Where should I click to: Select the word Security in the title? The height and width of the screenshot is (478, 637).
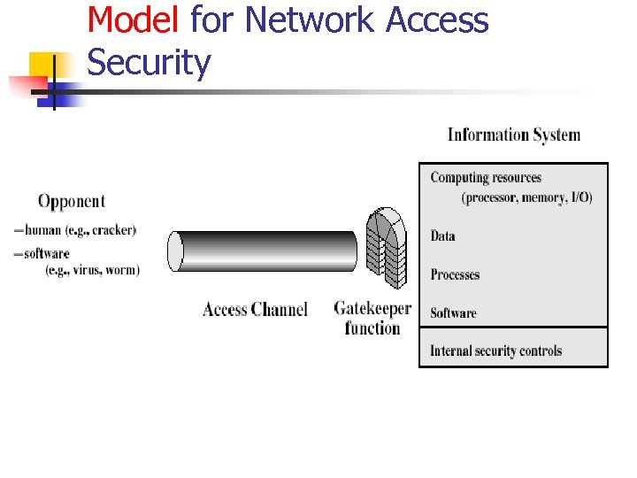point(150,63)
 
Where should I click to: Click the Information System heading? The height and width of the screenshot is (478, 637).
point(513,135)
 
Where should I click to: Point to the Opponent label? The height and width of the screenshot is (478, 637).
point(71,202)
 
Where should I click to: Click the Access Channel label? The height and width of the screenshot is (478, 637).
point(255,309)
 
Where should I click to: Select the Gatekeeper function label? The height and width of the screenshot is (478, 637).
point(372,318)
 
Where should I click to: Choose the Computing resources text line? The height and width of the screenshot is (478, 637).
point(486,178)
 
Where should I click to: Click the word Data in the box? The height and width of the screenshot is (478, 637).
point(442,236)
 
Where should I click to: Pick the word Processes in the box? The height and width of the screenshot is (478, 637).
point(455,274)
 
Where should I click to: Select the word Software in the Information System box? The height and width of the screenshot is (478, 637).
point(453,312)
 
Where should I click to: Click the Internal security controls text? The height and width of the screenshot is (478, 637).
point(495,351)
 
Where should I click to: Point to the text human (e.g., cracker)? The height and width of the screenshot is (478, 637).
point(81,230)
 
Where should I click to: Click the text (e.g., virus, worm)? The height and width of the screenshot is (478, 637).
point(92,270)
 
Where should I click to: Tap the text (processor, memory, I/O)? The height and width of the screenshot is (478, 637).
point(526,197)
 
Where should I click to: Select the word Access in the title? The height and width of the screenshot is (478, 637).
point(437,19)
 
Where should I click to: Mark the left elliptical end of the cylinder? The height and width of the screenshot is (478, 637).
point(176,251)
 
